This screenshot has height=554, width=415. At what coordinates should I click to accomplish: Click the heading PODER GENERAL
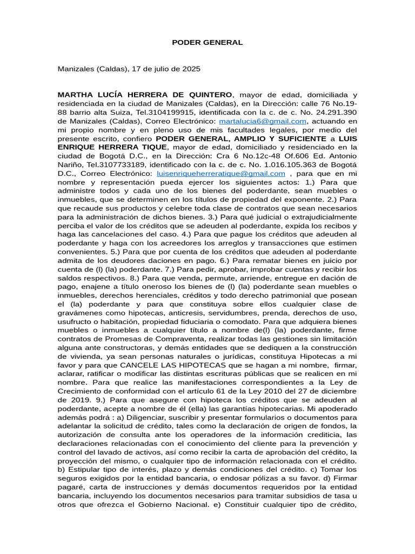207,42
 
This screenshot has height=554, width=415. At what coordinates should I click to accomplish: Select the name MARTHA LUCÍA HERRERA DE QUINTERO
145,95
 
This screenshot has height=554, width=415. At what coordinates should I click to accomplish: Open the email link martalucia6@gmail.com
263,121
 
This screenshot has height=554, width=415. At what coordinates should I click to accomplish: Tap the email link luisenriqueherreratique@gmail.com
221,174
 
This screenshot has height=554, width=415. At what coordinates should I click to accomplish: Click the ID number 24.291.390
333,113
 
